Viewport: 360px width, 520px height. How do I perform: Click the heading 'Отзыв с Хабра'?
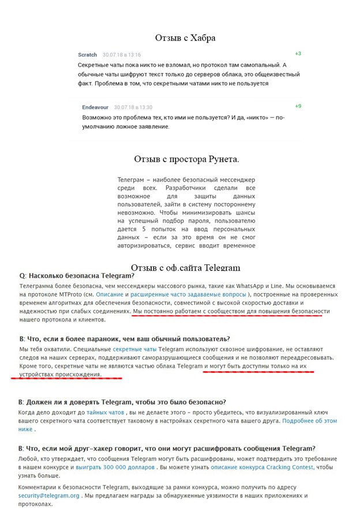pyautogui.click(x=185, y=38)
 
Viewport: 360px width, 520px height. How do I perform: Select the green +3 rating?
pyautogui.click(x=298, y=54)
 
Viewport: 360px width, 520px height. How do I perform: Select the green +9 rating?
pyautogui.click(x=298, y=106)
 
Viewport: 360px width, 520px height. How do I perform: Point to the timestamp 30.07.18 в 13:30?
pyautogui.click(x=133, y=107)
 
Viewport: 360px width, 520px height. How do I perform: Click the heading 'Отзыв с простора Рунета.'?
pyautogui.click(x=186, y=159)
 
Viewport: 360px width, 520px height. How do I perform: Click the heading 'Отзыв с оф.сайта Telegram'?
pyautogui.click(x=185, y=268)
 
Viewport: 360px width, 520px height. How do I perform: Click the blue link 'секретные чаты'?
pyautogui.click(x=134, y=350)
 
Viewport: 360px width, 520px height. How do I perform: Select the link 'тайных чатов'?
pyautogui.click(x=105, y=413)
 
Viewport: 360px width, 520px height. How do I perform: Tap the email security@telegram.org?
pyautogui.click(x=48, y=495)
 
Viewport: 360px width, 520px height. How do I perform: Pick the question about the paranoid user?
pyautogui.click(x=124, y=339)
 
